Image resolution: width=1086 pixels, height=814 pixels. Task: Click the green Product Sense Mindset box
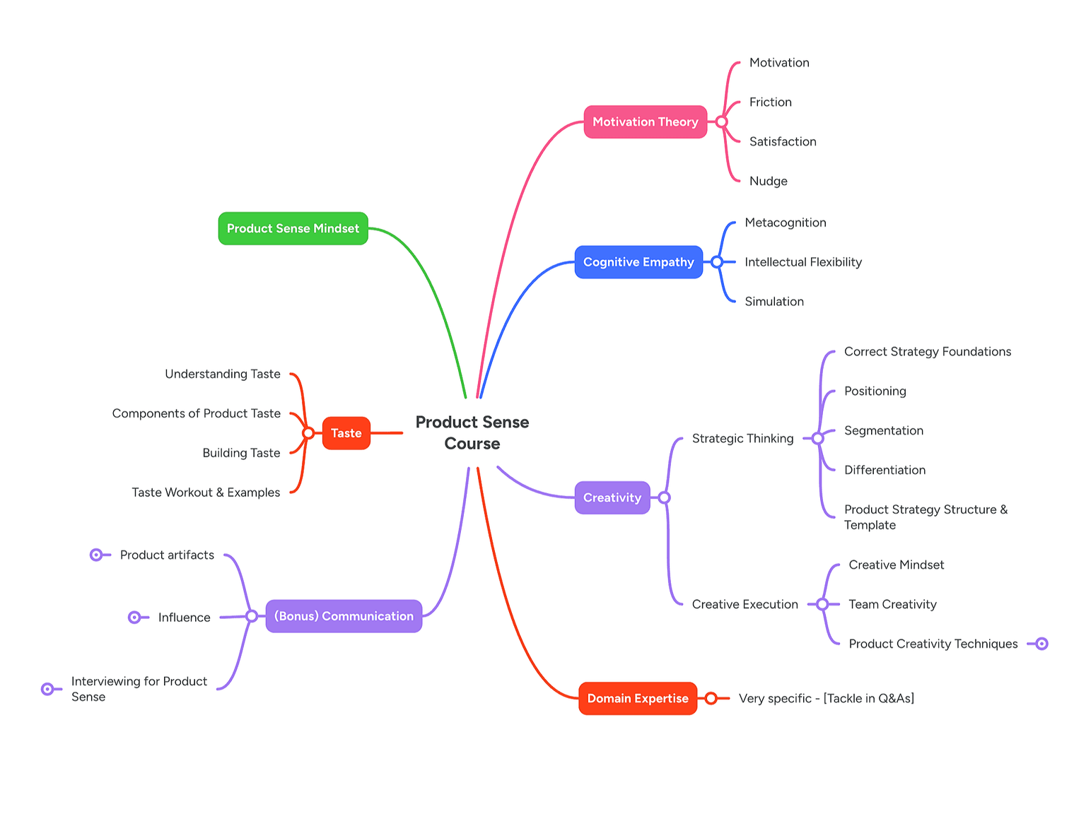(x=293, y=228)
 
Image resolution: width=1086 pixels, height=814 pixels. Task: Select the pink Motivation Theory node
(x=645, y=122)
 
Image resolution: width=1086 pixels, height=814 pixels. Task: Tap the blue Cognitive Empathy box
(x=638, y=262)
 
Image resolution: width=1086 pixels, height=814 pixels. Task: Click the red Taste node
(x=346, y=433)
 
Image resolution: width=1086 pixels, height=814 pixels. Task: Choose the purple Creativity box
(x=612, y=497)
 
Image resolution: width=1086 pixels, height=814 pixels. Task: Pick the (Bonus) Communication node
(x=344, y=616)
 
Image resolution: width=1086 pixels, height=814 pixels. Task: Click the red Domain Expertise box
(x=637, y=698)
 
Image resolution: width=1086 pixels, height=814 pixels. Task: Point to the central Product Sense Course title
(x=472, y=432)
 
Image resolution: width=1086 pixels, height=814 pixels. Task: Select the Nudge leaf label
(x=768, y=181)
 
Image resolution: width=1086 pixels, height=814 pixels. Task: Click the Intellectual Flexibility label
(x=802, y=262)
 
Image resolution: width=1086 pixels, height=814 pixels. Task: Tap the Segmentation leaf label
(x=883, y=430)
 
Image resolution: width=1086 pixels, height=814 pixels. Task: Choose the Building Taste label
(x=241, y=453)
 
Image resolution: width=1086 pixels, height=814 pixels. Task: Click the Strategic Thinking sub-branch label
(x=742, y=438)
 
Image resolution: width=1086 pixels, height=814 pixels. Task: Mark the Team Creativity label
(x=892, y=604)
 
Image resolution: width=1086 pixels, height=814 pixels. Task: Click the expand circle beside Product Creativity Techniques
(x=1041, y=644)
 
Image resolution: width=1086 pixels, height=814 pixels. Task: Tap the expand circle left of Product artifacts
(x=96, y=555)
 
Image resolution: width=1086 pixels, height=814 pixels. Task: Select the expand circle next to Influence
(x=134, y=618)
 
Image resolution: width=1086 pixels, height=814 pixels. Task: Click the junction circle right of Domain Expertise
(x=711, y=698)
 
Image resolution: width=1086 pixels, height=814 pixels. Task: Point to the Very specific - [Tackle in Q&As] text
(x=826, y=698)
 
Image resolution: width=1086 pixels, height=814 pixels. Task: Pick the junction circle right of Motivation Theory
(x=721, y=122)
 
